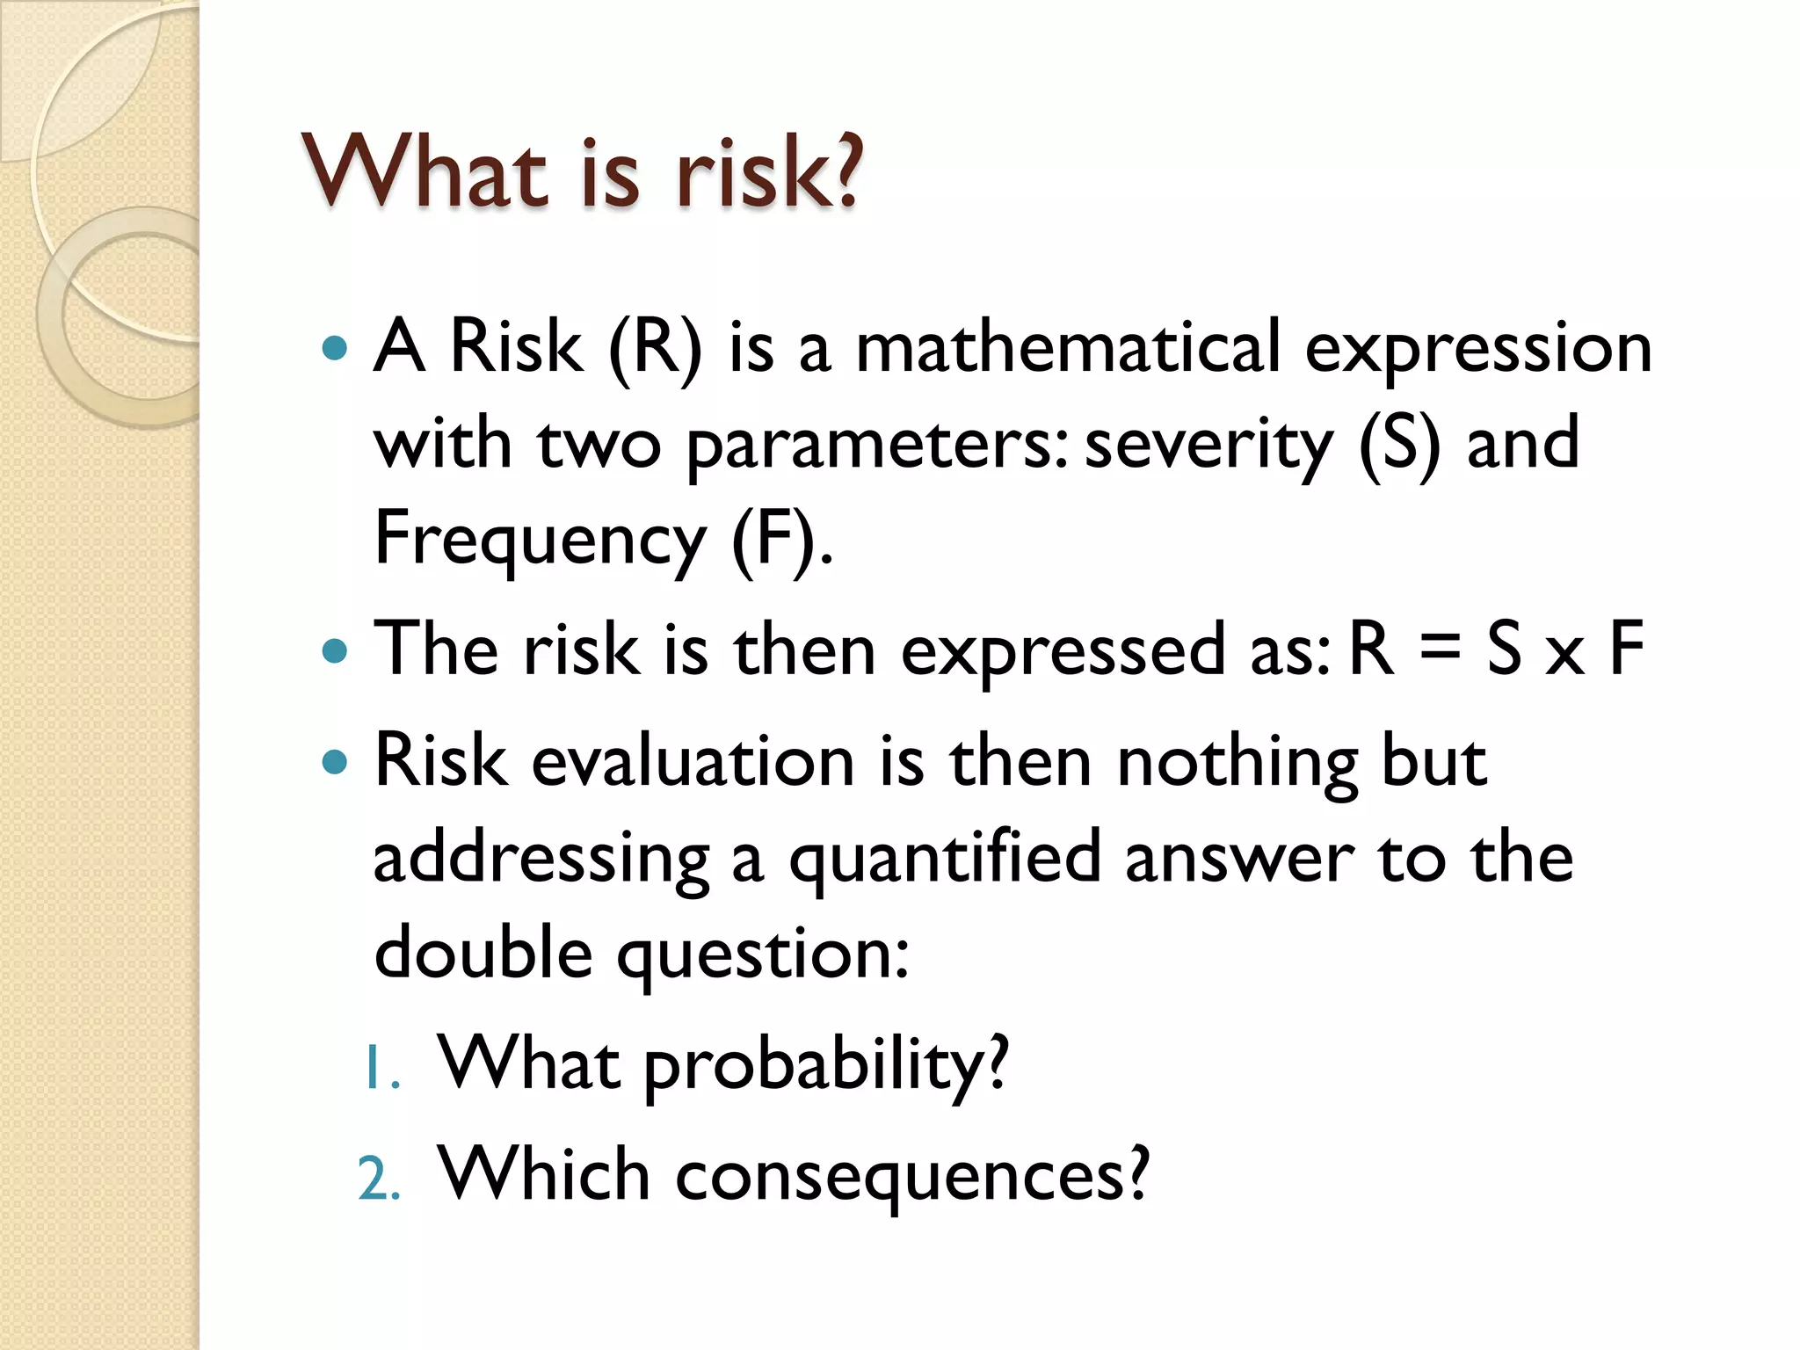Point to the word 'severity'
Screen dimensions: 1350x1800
click(1208, 445)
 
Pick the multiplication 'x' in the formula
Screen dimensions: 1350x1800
click(1564, 655)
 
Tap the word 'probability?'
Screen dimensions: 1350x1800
click(826, 1065)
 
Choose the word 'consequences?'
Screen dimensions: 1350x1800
click(911, 1176)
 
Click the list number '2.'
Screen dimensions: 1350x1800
click(380, 1179)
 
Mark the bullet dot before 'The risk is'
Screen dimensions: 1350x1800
click(335, 651)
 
